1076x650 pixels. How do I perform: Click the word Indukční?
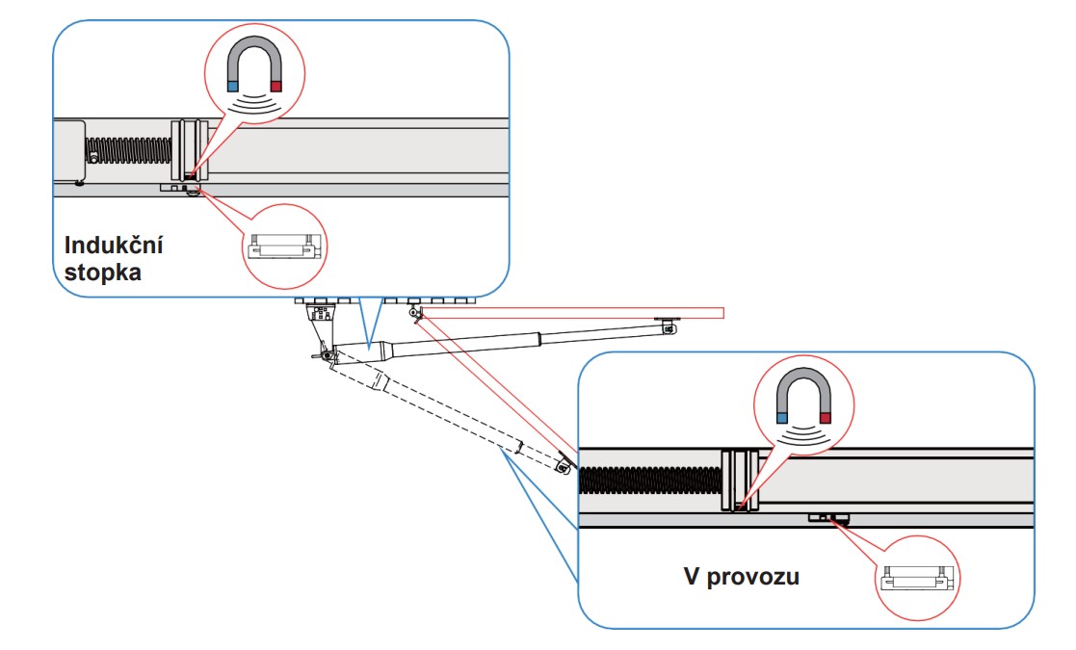pyautogui.click(x=114, y=245)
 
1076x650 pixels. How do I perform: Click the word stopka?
pyautogui.click(x=103, y=273)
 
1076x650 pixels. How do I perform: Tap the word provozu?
pyautogui.click(x=752, y=577)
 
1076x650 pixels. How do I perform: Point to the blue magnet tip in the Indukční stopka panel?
pyautogui.click(x=232, y=87)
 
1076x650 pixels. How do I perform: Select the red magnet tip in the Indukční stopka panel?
pyautogui.click(x=276, y=87)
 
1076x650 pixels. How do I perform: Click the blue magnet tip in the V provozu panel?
pyautogui.click(x=782, y=418)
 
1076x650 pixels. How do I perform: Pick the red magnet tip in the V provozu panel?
pyautogui.click(x=826, y=418)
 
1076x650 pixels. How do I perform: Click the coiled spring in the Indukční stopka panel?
pyautogui.click(x=128, y=151)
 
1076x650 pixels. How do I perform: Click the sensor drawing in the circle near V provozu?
pyautogui.click(x=917, y=579)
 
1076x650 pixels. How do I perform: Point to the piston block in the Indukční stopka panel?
pyautogui.click(x=190, y=150)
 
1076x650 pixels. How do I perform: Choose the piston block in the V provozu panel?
pyautogui.click(x=740, y=480)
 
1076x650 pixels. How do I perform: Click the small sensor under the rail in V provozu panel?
pyautogui.click(x=828, y=518)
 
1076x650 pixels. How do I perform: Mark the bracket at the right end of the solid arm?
pyautogui.click(x=667, y=325)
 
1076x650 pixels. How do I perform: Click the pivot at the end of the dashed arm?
pyautogui.click(x=564, y=466)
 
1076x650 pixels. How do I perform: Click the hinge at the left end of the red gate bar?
pyautogui.click(x=414, y=313)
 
